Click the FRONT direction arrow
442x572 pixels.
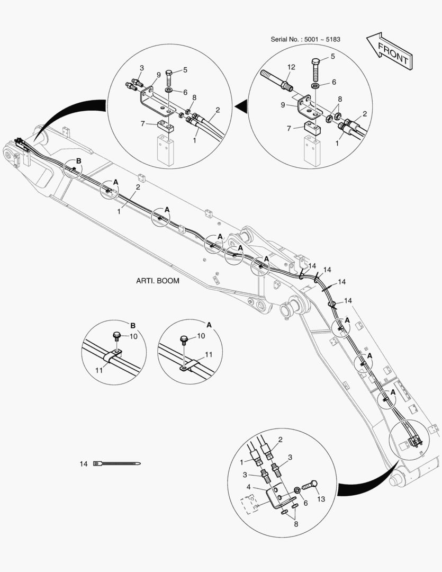pyautogui.click(x=389, y=51)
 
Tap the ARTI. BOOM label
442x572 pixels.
pyautogui.click(x=158, y=281)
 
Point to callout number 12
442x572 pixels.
pyautogui.click(x=291, y=67)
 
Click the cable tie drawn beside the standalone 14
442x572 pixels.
pyautogui.click(x=117, y=464)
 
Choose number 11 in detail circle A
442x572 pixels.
pyautogui.click(x=209, y=354)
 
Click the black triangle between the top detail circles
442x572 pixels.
pyautogui.click(x=241, y=108)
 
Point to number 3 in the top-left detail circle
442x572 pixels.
pyautogui.click(x=142, y=68)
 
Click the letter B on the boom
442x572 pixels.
pyautogui.click(x=79, y=160)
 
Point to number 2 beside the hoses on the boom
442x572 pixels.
pyautogui.click(x=138, y=187)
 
